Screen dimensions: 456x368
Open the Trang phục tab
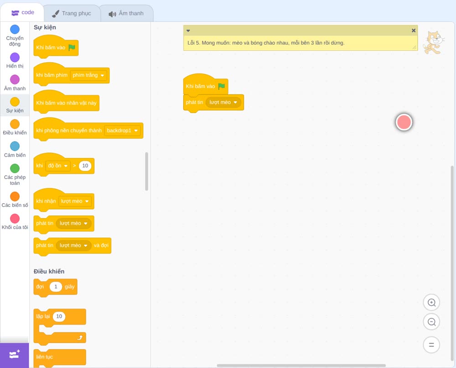(x=72, y=13)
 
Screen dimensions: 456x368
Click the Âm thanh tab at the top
(x=126, y=13)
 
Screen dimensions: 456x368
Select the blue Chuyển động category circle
(x=15, y=29)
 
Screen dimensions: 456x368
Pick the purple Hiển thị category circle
(x=15, y=58)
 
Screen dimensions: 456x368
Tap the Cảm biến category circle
(x=15, y=146)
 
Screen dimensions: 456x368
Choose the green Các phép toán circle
(x=15, y=168)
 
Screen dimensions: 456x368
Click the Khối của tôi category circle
(x=15, y=218)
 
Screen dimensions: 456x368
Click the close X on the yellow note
(x=414, y=31)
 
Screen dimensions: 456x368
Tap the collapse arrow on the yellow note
(x=188, y=31)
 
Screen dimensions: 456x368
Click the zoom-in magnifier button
(x=431, y=303)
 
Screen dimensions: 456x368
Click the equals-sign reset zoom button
(x=431, y=345)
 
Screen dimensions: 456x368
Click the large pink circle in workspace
(x=404, y=122)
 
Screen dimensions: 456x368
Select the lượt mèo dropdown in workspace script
(x=223, y=102)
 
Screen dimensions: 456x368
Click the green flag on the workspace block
(x=222, y=86)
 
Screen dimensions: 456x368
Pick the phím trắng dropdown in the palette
(x=88, y=75)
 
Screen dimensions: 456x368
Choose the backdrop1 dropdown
(x=122, y=131)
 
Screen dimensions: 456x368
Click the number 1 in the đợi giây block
(x=56, y=287)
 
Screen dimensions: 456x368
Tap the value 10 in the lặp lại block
(x=59, y=316)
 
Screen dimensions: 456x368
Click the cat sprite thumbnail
(x=434, y=42)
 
